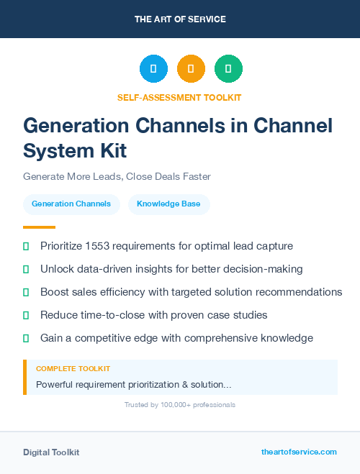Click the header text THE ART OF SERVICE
click(180, 19)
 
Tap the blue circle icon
click(153, 68)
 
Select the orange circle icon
click(191, 68)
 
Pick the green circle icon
click(228, 68)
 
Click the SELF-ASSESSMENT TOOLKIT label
click(179, 97)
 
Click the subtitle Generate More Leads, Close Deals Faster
click(117, 176)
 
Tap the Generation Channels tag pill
click(71, 204)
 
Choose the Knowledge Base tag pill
click(168, 204)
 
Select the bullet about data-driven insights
click(171, 269)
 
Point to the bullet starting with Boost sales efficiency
click(191, 292)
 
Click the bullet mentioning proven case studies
click(153, 315)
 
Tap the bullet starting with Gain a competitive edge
click(176, 338)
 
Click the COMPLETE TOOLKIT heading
click(73, 369)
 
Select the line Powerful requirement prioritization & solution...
click(133, 385)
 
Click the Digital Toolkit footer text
click(51, 452)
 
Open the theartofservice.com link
click(299, 452)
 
